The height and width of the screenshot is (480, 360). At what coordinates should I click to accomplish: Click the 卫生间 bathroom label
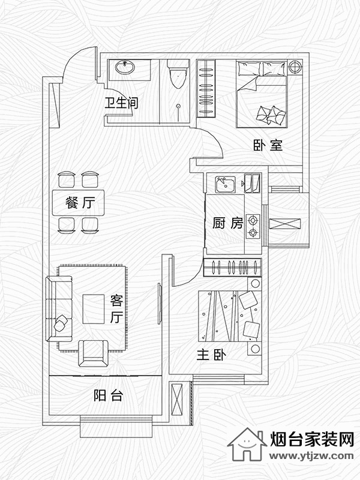[x=121, y=103]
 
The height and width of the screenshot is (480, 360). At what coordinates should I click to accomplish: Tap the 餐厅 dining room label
[x=80, y=203]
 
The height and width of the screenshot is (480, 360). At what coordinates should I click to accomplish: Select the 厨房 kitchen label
[x=228, y=223]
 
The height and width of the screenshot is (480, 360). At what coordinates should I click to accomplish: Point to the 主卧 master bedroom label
[x=211, y=355]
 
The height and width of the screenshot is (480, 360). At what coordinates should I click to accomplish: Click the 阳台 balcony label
[x=108, y=395]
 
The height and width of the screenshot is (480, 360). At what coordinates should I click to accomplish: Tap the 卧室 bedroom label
[x=268, y=145]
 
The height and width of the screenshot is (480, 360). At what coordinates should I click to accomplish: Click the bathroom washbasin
[x=125, y=67]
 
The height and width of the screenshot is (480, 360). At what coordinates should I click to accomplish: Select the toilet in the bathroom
[x=177, y=74]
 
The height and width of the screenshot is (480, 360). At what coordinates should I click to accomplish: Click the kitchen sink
[x=225, y=184]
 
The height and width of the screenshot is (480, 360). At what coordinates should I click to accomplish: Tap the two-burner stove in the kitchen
[x=253, y=227]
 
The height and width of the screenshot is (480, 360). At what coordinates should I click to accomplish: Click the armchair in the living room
[x=94, y=353]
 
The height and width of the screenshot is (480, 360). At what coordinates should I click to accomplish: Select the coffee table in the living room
[x=94, y=309]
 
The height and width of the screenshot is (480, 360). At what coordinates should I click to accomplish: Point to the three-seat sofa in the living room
[x=59, y=308]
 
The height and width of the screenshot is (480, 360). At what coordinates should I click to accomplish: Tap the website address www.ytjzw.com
[x=311, y=456]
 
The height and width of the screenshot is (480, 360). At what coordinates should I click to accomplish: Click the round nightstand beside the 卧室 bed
[x=295, y=67]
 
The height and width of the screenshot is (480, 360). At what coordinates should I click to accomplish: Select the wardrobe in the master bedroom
[x=232, y=267]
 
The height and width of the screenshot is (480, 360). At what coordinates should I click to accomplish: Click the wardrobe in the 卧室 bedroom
[x=206, y=88]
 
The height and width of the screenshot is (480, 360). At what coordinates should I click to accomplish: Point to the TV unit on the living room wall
[x=160, y=304]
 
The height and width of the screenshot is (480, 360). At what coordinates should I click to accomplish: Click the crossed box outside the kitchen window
[x=284, y=224]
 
